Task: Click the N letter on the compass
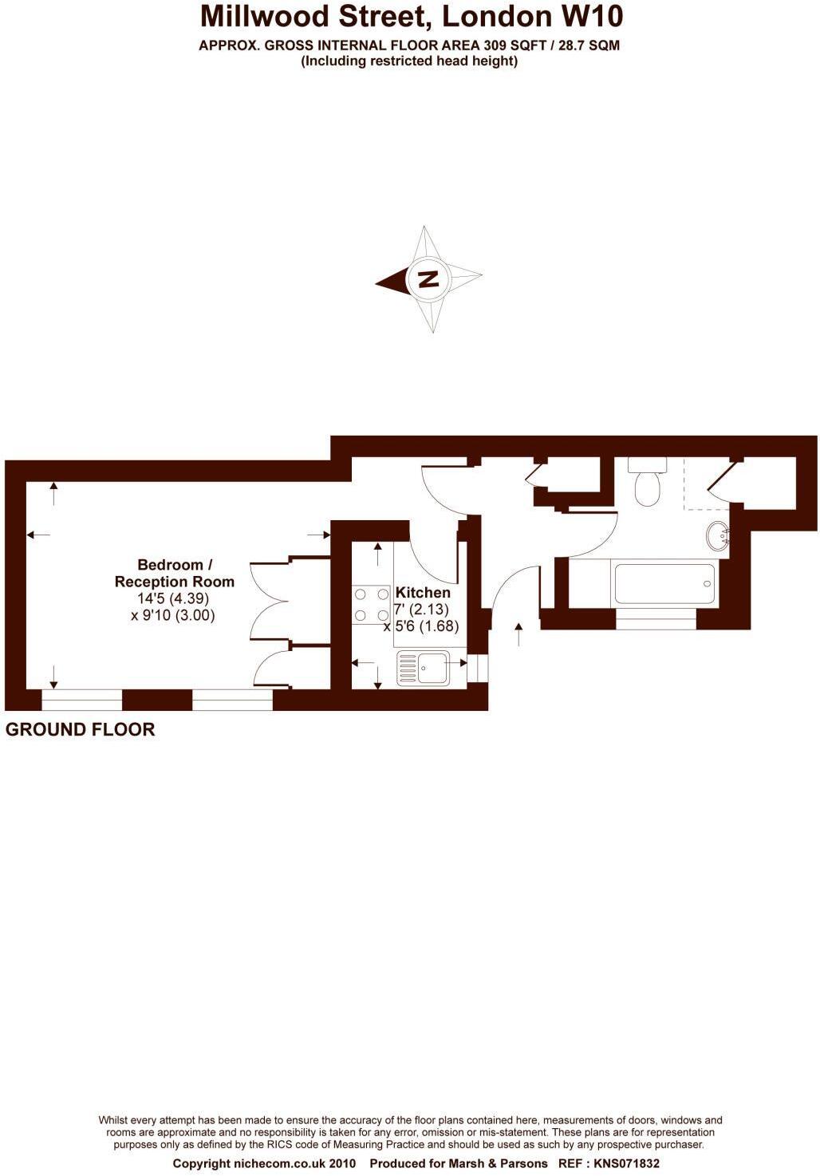tap(428, 279)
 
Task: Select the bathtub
tap(664, 584)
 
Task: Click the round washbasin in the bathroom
tap(718, 535)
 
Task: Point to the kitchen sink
tap(423, 668)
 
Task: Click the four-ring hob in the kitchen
tap(369, 604)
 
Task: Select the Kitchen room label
tap(423, 593)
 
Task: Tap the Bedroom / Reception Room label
tap(174, 574)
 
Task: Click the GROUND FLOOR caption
tap(80, 729)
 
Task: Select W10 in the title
tap(592, 17)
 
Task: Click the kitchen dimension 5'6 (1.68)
tap(427, 626)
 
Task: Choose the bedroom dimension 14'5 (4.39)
tap(173, 598)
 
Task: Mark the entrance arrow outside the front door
tap(519, 634)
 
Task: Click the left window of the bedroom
tap(81, 700)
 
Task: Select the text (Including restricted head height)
tap(409, 61)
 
